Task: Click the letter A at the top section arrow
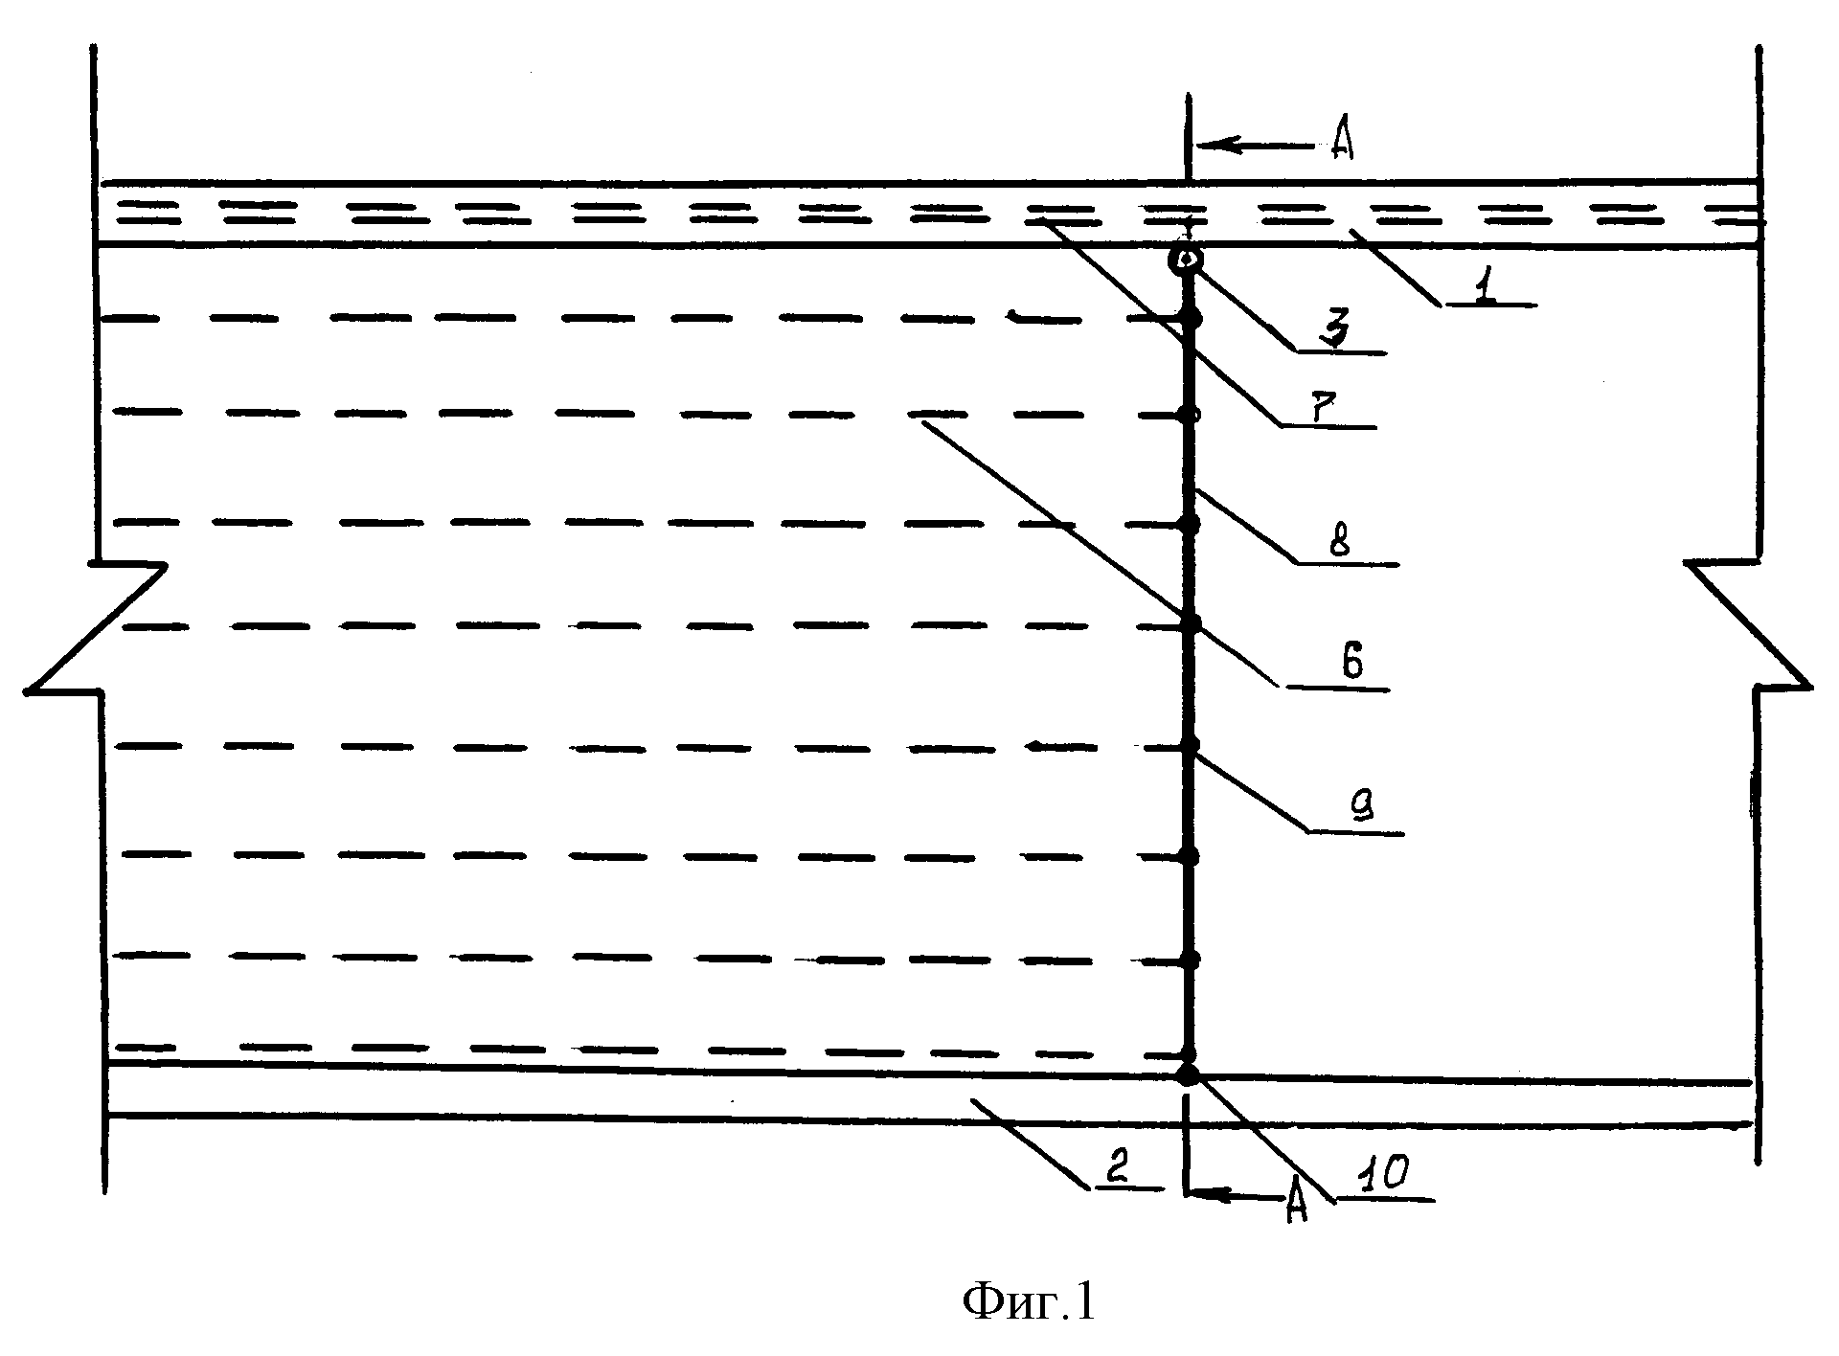pyautogui.click(x=1342, y=144)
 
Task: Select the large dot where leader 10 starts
pyautogui.click(x=1188, y=1074)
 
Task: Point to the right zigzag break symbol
pyautogui.click(x=1749, y=625)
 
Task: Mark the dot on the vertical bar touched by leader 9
pyautogui.click(x=1190, y=745)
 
